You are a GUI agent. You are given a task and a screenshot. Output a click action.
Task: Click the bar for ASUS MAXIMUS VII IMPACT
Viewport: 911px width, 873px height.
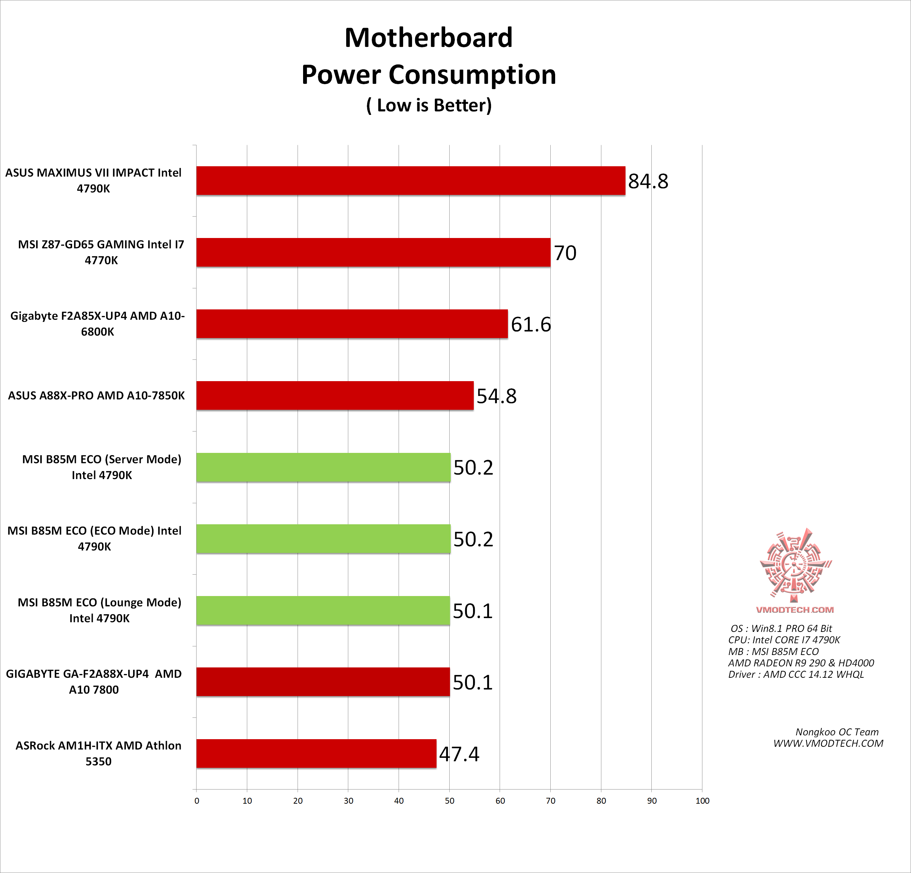click(410, 180)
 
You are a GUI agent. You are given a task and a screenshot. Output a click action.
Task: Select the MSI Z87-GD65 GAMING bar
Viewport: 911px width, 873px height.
click(373, 252)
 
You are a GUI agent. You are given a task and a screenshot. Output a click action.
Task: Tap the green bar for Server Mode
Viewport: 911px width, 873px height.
click(323, 467)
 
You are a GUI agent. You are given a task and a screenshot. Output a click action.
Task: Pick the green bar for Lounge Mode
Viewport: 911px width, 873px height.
click(323, 611)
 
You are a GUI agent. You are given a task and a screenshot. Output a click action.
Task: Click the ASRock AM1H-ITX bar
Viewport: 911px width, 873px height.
click(316, 754)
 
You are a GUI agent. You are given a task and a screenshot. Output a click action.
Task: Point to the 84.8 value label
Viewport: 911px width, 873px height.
click(648, 181)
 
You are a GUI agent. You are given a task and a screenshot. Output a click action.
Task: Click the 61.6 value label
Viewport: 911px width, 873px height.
click(531, 325)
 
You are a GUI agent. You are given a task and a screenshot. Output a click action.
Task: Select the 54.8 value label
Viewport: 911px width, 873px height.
click(497, 396)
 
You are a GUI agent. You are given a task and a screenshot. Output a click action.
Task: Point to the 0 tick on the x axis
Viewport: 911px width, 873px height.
click(197, 801)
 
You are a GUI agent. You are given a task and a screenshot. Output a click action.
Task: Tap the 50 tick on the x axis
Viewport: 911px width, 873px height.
click(449, 801)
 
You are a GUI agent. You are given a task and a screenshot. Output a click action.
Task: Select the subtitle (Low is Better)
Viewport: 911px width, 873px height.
click(429, 106)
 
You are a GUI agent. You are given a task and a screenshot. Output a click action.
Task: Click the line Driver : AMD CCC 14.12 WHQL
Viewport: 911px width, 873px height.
click(796, 675)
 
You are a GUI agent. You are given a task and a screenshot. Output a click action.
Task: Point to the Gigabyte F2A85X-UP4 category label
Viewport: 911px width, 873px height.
click(98, 324)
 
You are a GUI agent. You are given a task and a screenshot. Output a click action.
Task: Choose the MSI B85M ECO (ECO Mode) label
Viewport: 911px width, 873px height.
click(94, 538)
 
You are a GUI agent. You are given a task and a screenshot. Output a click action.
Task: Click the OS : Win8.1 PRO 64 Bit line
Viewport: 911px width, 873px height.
click(781, 628)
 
